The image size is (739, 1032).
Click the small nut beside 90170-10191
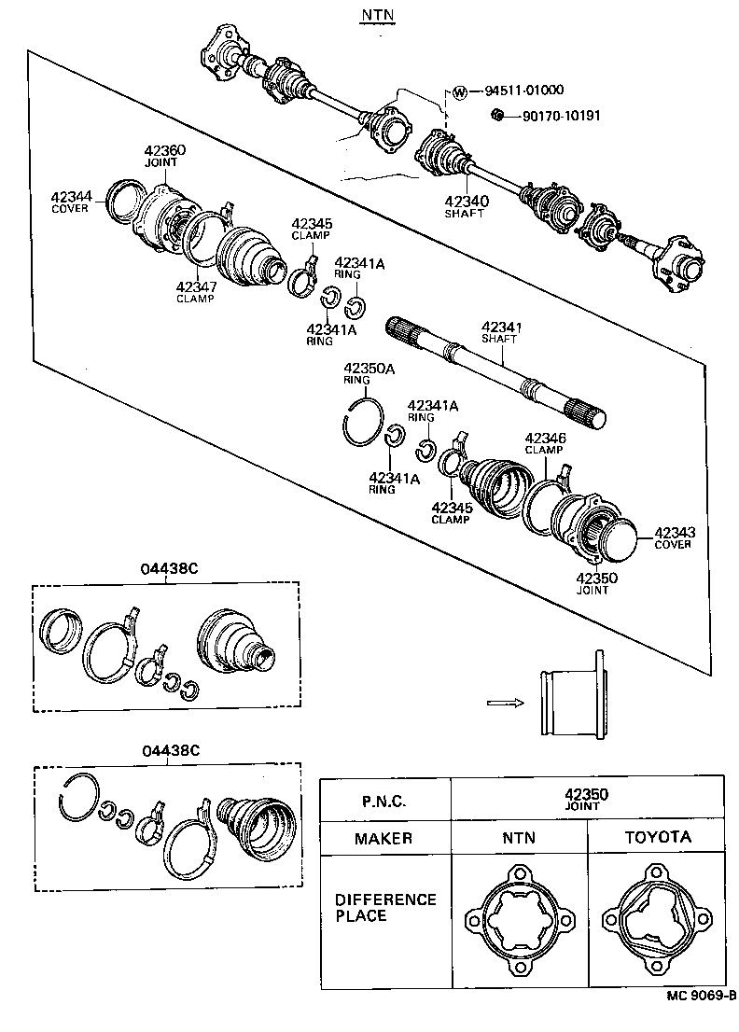click(x=498, y=116)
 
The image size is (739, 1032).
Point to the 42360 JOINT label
click(x=164, y=156)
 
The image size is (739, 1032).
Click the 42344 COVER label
click(x=71, y=202)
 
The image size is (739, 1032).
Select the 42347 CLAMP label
click(x=195, y=292)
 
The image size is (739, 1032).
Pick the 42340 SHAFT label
click(x=464, y=205)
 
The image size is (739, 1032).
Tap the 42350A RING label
click(x=369, y=373)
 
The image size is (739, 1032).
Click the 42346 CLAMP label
click(x=545, y=442)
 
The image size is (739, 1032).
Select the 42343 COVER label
click(x=675, y=537)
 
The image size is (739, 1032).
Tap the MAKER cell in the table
click(x=383, y=838)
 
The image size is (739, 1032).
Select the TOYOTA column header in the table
click(x=657, y=837)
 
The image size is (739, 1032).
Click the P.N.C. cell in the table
click(x=383, y=800)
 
